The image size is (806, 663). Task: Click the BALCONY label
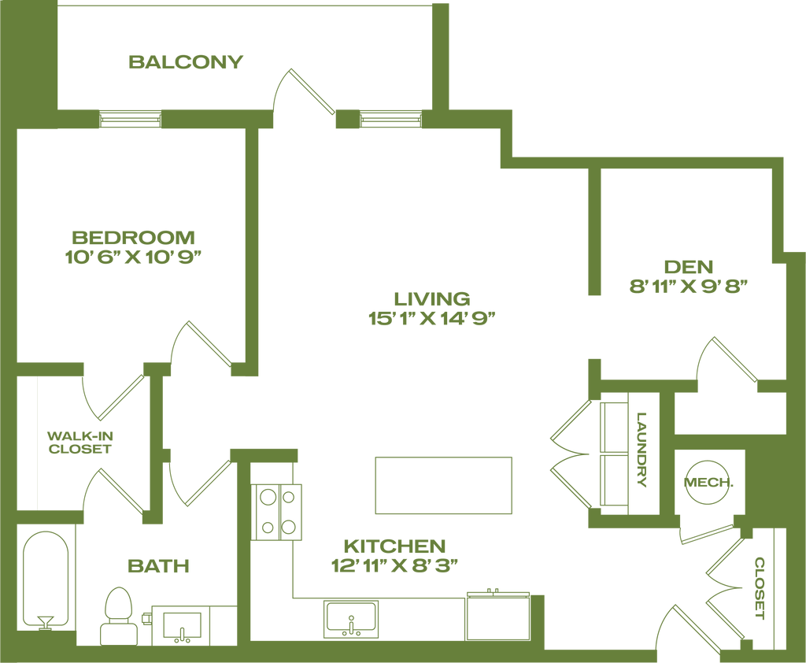(x=187, y=62)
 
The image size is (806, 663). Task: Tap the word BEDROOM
(x=133, y=236)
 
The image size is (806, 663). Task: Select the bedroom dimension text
(x=133, y=256)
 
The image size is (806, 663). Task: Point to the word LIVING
(x=432, y=298)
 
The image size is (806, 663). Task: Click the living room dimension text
(x=432, y=318)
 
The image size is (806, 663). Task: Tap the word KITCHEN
(x=394, y=546)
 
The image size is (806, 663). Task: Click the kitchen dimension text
(x=394, y=565)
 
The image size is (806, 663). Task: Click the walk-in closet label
(x=76, y=443)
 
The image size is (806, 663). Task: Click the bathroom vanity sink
(x=182, y=626)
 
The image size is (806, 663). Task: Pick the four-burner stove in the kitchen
(x=278, y=511)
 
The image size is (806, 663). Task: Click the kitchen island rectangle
(x=446, y=485)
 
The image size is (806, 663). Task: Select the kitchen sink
(x=350, y=620)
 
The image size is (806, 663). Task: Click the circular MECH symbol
(x=708, y=483)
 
